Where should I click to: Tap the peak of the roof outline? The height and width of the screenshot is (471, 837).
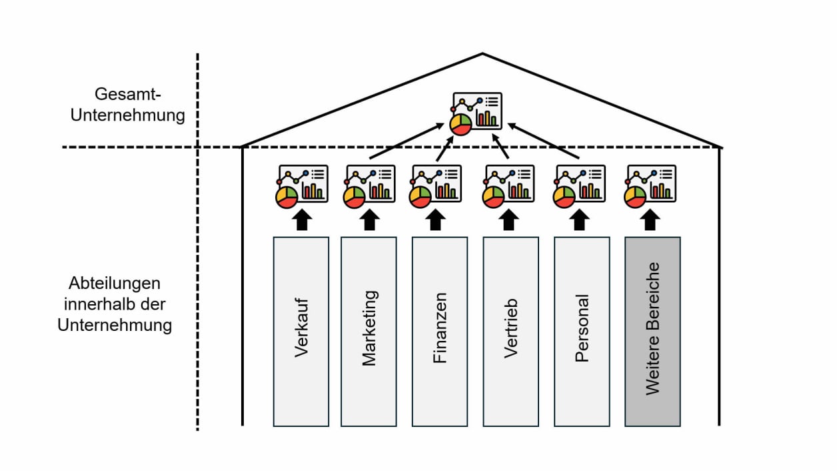point(482,54)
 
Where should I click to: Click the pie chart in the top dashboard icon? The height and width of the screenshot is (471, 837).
point(460,124)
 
